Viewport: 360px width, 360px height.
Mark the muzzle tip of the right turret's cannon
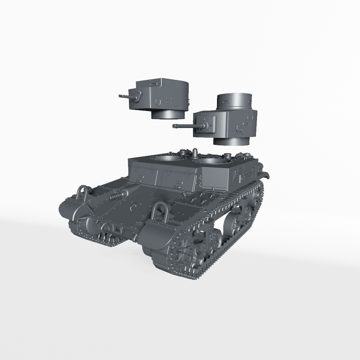click(x=174, y=126)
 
